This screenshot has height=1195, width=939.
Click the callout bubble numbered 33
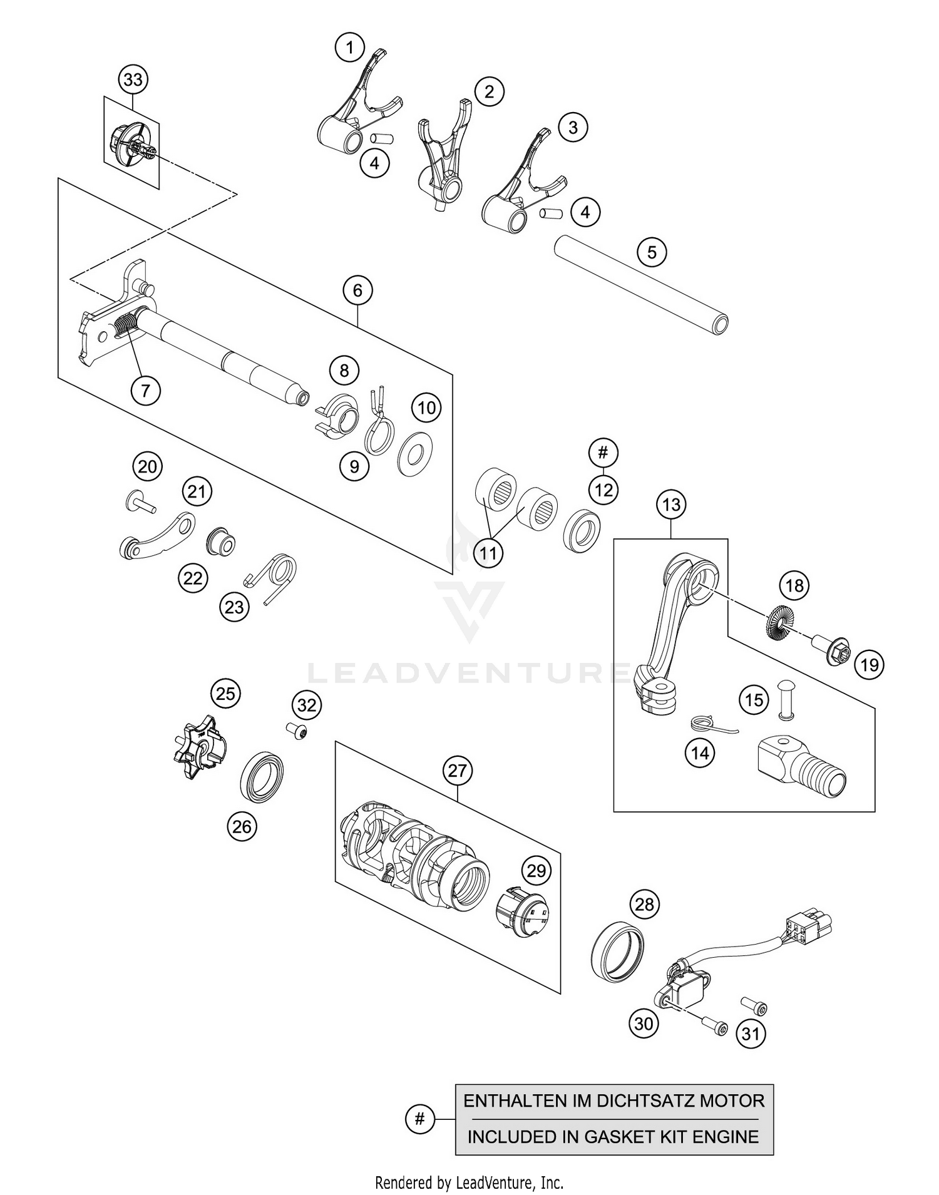click(133, 79)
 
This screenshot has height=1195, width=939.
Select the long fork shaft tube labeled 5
click(641, 284)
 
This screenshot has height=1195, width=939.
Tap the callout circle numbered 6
click(357, 290)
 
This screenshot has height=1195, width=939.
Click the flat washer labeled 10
click(417, 449)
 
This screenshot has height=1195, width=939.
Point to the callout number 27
click(458, 770)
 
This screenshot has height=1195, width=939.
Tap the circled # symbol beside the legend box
click(419, 1119)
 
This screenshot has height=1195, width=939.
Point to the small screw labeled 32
click(297, 731)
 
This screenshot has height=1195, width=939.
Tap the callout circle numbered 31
click(750, 1033)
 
